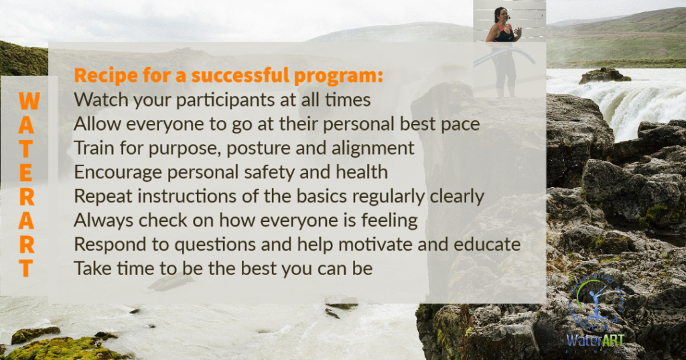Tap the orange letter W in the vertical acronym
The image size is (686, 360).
pyautogui.click(x=29, y=101)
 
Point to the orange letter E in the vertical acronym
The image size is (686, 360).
pyautogui.click(x=26, y=174)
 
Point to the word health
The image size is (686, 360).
pyautogui.click(x=362, y=172)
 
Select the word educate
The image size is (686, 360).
pyautogui.click(x=488, y=245)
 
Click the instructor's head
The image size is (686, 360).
pyautogui.click(x=501, y=15)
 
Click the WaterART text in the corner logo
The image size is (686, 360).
pyautogui.click(x=595, y=341)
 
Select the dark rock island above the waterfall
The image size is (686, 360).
pyautogui.click(x=604, y=76)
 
